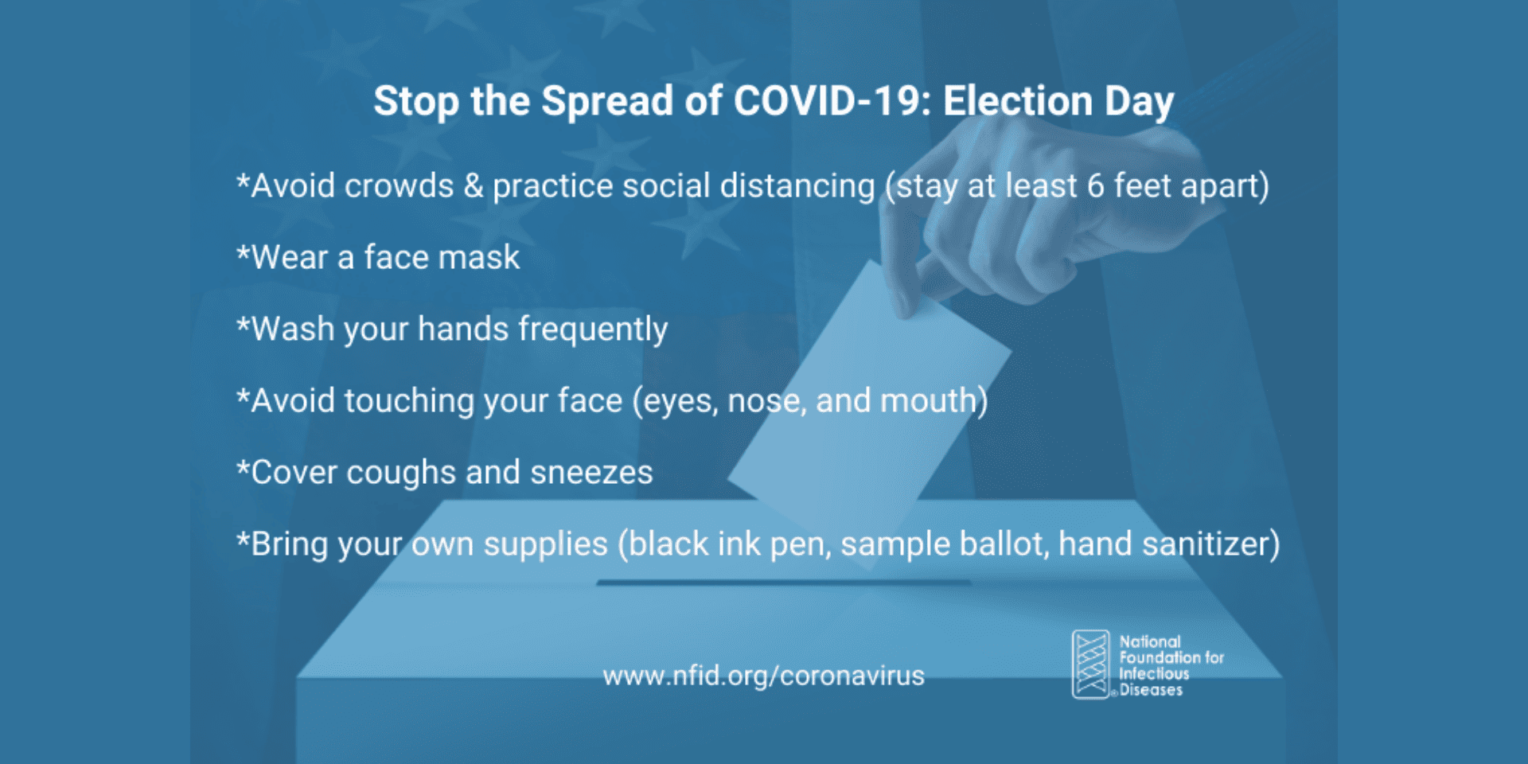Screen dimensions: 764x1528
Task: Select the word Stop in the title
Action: [x=416, y=102]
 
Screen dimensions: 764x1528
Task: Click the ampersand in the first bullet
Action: [x=474, y=186]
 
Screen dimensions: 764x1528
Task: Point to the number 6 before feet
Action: [x=1096, y=186]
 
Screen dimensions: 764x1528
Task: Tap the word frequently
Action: [x=593, y=329]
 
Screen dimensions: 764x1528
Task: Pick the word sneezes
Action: [x=591, y=473]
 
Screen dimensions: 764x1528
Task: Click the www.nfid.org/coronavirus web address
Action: [x=764, y=676]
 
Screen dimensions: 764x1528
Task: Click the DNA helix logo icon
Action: [x=1090, y=665]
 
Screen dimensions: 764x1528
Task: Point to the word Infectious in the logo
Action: [x=1154, y=674]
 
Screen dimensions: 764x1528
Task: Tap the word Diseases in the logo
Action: [x=1151, y=690]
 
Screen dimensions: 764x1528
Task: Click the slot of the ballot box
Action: [x=784, y=583]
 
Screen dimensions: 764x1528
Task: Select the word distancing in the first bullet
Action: [x=797, y=186]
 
